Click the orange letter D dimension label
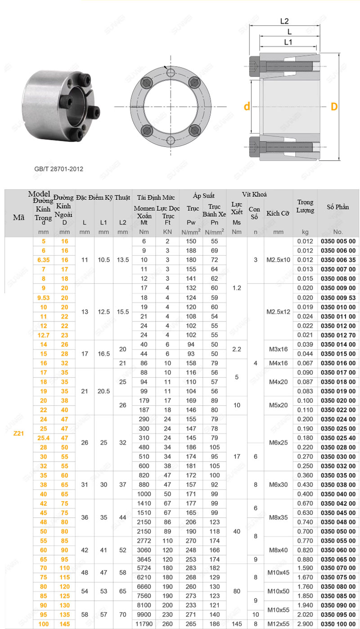[x=334, y=107]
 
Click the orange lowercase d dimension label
[x=247, y=107]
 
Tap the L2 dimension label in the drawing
[x=284, y=21]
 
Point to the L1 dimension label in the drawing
[x=288, y=42]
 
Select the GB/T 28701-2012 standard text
[x=59, y=169]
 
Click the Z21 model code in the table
[x=18, y=434]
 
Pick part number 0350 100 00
[x=338, y=624]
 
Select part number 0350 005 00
[x=338, y=241]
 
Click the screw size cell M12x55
[x=279, y=624]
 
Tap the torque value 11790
[x=144, y=624]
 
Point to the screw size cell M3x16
[x=279, y=349]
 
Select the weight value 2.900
[x=305, y=624]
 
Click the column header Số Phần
[x=338, y=207]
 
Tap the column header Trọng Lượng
[x=305, y=206]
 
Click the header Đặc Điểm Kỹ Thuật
[x=103, y=197]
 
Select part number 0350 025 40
[x=338, y=438]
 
